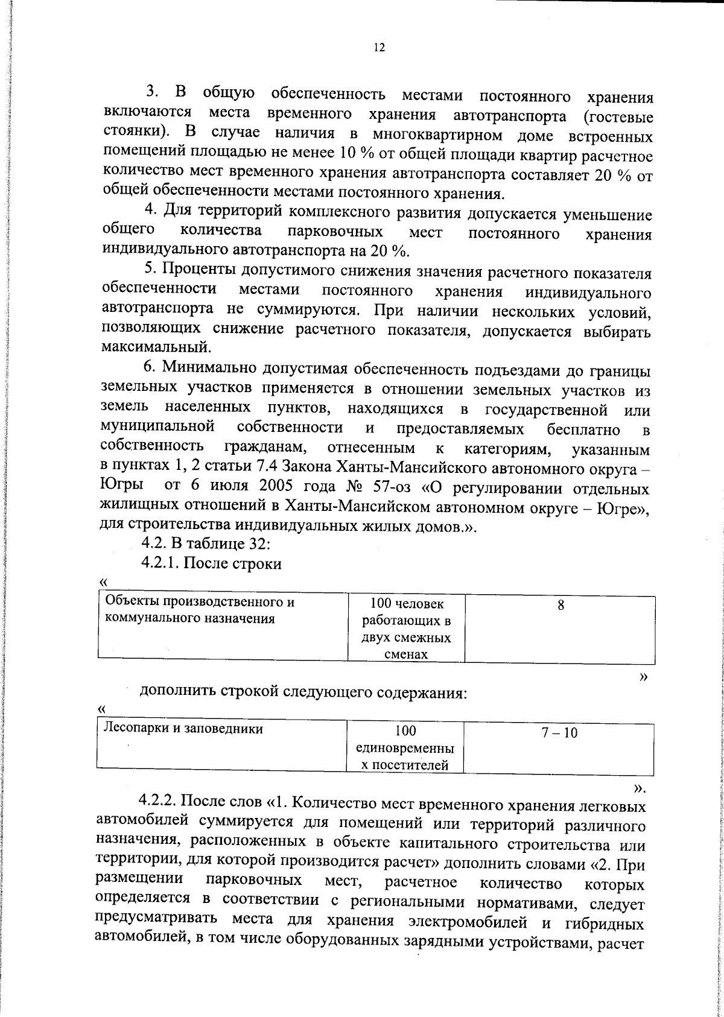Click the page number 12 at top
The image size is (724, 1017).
coord(379,48)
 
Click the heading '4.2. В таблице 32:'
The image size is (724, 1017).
coord(206,543)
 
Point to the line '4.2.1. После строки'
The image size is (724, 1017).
coord(211,563)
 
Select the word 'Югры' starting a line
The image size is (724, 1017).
coord(122,486)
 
